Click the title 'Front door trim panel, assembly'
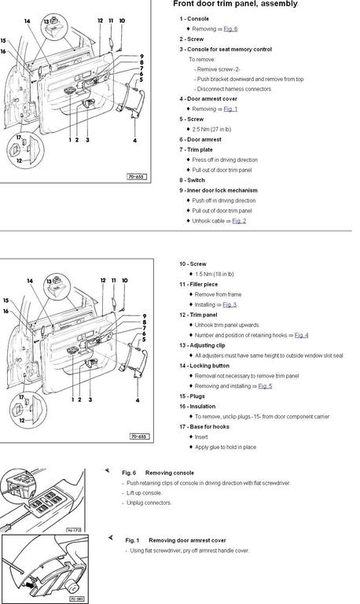(x=235, y=4)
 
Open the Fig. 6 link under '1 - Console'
(x=230, y=29)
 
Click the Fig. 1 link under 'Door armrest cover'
(x=230, y=109)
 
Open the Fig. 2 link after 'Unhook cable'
(x=239, y=221)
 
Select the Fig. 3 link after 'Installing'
(x=230, y=304)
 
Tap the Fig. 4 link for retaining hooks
(x=302, y=335)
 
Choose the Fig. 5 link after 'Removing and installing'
(x=265, y=386)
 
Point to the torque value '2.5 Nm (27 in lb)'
(x=211, y=130)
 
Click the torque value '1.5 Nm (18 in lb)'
(x=215, y=274)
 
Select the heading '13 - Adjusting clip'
(x=202, y=345)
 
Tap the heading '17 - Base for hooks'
(x=204, y=427)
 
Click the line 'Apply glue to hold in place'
(x=226, y=447)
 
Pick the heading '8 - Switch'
(x=192, y=180)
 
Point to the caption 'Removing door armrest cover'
(x=187, y=540)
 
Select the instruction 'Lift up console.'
(x=145, y=493)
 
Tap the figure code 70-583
(x=76, y=599)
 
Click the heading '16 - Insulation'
(x=197, y=407)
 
